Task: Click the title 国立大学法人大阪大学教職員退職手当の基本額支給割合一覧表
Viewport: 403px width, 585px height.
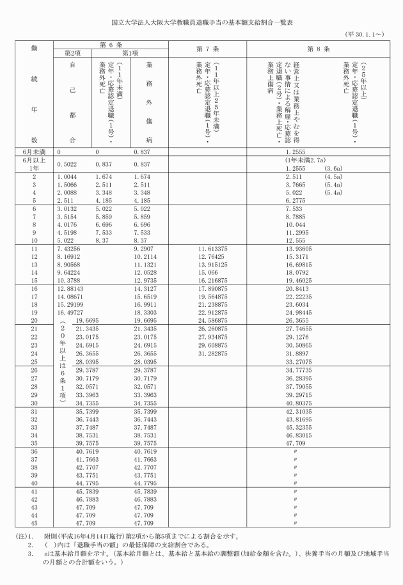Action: [201, 21]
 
